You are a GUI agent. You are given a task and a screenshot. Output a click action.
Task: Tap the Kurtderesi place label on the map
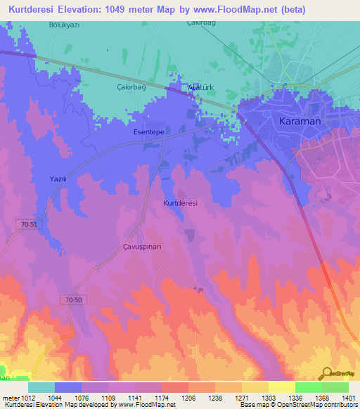click(x=180, y=203)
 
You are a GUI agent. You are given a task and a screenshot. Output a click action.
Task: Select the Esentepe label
click(x=148, y=131)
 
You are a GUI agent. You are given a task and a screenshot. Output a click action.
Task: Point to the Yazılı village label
click(x=58, y=179)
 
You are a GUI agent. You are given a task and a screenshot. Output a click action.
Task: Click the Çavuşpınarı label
click(x=143, y=247)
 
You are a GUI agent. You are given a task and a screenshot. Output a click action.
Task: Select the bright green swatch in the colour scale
click(x=308, y=387)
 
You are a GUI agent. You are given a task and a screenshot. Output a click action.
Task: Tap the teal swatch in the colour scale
click(x=41, y=387)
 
